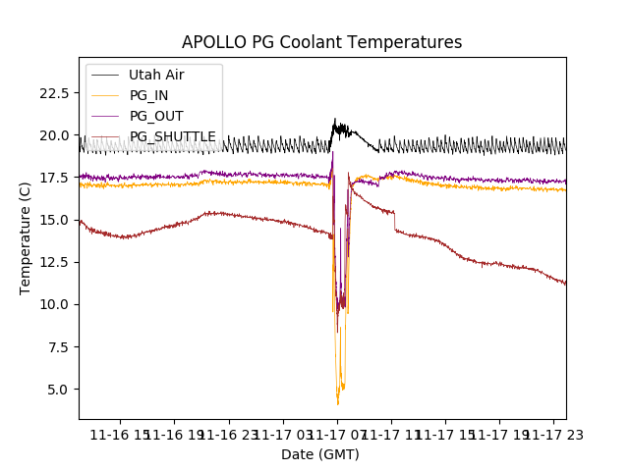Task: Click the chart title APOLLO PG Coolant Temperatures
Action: pyautogui.click(x=321, y=42)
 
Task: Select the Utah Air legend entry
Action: pyautogui.click(x=156, y=75)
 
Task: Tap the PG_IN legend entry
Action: pyautogui.click(x=148, y=95)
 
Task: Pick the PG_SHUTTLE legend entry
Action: pyautogui.click(x=172, y=136)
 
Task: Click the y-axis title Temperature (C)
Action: pyautogui.click(x=26, y=238)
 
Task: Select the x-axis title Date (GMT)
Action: pyautogui.click(x=320, y=454)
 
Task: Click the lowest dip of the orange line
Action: pyautogui.click(x=338, y=403)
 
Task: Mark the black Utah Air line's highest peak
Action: pyautogui.click(x=335, y=119)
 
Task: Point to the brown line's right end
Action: pyautogui.click(x=565, y=284)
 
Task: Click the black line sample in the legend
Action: pyautogui.click(x=104, y=75)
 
